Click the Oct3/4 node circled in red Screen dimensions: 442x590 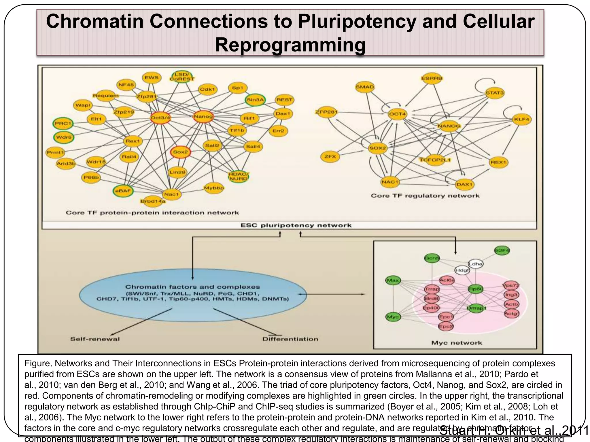coord(160,117)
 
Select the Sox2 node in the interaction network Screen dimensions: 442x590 coord(180,152)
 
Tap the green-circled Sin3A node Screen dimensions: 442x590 coord(255,100)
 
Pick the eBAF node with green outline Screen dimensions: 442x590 coord(123,191)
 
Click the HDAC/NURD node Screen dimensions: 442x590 coord(238,176)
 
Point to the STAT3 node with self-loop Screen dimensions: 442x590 coord(495,93)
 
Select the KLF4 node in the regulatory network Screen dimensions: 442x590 coord(522,119)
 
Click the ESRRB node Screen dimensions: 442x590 coord(432,78)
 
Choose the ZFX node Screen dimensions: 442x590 coord(330,157)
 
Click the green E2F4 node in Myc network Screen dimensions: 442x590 coord(502,250)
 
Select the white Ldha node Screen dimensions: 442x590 coord(475,263)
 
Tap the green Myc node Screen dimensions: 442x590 coord(393,317)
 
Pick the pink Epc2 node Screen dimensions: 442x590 coord(445,326)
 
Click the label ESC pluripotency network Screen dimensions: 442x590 coord(296,225)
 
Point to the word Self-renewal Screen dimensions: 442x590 coord(95,339)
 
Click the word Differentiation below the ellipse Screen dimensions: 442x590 coord(290,339)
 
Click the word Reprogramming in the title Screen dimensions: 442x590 coord(290,45)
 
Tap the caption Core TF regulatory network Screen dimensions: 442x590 coord(425,196)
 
